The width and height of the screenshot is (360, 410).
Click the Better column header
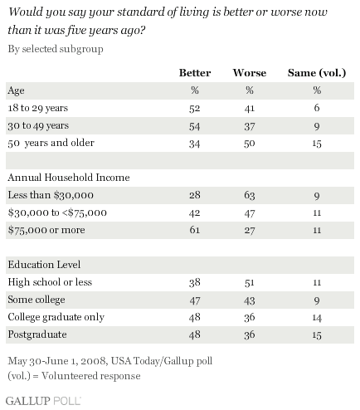(x=195, y=73)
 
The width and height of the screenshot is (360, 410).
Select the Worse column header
(x=250, y=73)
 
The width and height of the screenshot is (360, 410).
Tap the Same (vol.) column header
(x=317, y=73)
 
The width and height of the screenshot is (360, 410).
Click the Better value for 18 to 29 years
(x=195, y=108)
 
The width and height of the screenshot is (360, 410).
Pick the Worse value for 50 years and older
(x=250, y=144)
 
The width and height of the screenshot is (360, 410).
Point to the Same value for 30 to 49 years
(x=317, y=126)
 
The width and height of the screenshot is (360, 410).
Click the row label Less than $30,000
(x=51, y=195)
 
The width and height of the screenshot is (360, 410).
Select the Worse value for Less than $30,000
(x=250, y=195)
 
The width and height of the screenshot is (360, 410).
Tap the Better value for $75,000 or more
(x=195, y=230)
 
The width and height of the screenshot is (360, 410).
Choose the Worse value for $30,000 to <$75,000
(x=250, y=213)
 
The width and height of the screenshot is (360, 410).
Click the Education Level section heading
(x=44, y=265)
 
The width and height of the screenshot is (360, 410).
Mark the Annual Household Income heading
(x=69, y=178)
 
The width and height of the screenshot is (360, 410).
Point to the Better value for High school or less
(x=195, y=282)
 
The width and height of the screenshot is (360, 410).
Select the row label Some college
(x=36, y=300)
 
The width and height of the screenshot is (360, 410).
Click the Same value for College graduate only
(x=317, y=318)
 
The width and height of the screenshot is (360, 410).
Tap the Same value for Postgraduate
(x=317, y=335)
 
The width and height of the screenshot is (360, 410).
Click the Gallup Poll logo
(x=43, y=401)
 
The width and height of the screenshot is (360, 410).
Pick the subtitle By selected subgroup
(x=56, y=49)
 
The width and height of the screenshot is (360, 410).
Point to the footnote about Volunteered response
(x=74, y=376)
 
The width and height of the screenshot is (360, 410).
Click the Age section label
(x=16, y=90)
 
